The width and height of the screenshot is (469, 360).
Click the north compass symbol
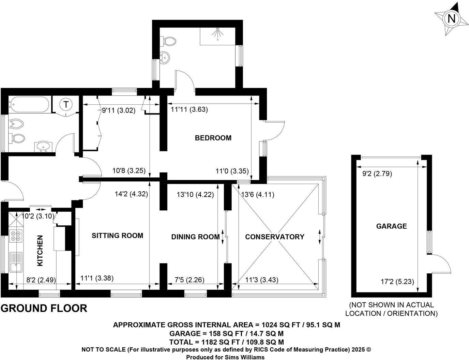[x=451, y=18]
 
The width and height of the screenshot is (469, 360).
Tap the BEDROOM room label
[x=213, y=138]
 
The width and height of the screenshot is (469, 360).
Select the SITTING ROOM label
[x=117, y=236]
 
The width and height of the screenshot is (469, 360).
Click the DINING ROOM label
[x=195, y=237]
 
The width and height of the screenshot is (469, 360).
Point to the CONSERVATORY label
[x=274, y=237]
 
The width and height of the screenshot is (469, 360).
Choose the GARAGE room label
[x=391, y=226]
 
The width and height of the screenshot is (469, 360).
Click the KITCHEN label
[x=40, y=251]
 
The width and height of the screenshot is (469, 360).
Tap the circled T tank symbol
[x=66, y=104]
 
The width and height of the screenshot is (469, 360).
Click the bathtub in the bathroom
[x=29, y=104]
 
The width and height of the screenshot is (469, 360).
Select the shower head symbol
[x=217, y=33]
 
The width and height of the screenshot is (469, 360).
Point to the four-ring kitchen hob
[x=16, y=236]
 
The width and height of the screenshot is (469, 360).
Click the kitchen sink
[x=15, y=262]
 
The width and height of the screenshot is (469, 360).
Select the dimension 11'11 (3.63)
[x=189, y=110]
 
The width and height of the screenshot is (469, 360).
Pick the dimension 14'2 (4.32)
[x=131, y=194]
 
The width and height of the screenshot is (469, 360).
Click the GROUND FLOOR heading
[x=44, y=308]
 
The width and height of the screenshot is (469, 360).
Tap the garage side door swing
[x=441, y=263]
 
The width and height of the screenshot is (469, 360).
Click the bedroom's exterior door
[x=274, y=130]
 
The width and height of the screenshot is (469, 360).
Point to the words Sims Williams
[x=242, y=357]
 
